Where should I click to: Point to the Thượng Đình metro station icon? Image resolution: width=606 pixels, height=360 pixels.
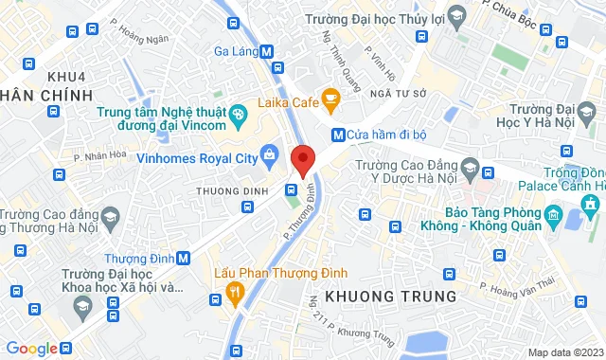point(183,258)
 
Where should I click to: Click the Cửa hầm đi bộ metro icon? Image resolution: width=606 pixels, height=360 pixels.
point(337,135)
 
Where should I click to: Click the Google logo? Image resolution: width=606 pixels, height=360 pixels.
point(31,348)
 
